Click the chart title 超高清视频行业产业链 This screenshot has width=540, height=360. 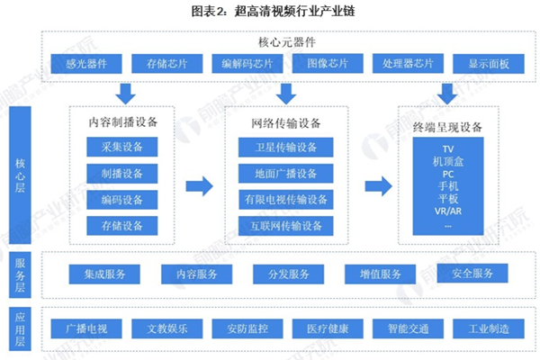(269, 12)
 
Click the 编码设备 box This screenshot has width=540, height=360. (121, 200)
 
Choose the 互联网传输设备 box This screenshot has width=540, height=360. (286, 226)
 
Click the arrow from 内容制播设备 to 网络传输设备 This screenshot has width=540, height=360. (199, 186)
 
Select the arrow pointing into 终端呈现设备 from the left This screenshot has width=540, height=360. (378, 186)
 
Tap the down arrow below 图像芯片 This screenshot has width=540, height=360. (286, 92)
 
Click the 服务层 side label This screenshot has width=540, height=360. (20, 274)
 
